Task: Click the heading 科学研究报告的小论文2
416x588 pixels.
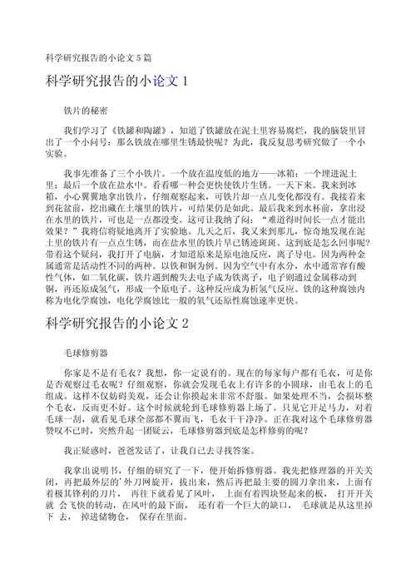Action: [x=118, y=322]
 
